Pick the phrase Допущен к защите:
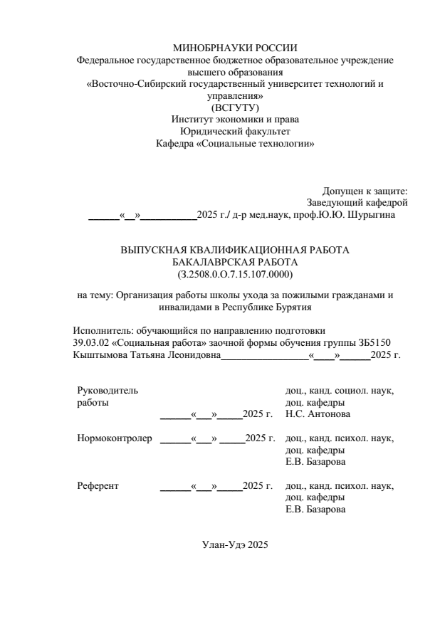[x=365, y=191]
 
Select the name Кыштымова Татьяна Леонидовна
[x=147, y=354]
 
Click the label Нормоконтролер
[x=115, y=438]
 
